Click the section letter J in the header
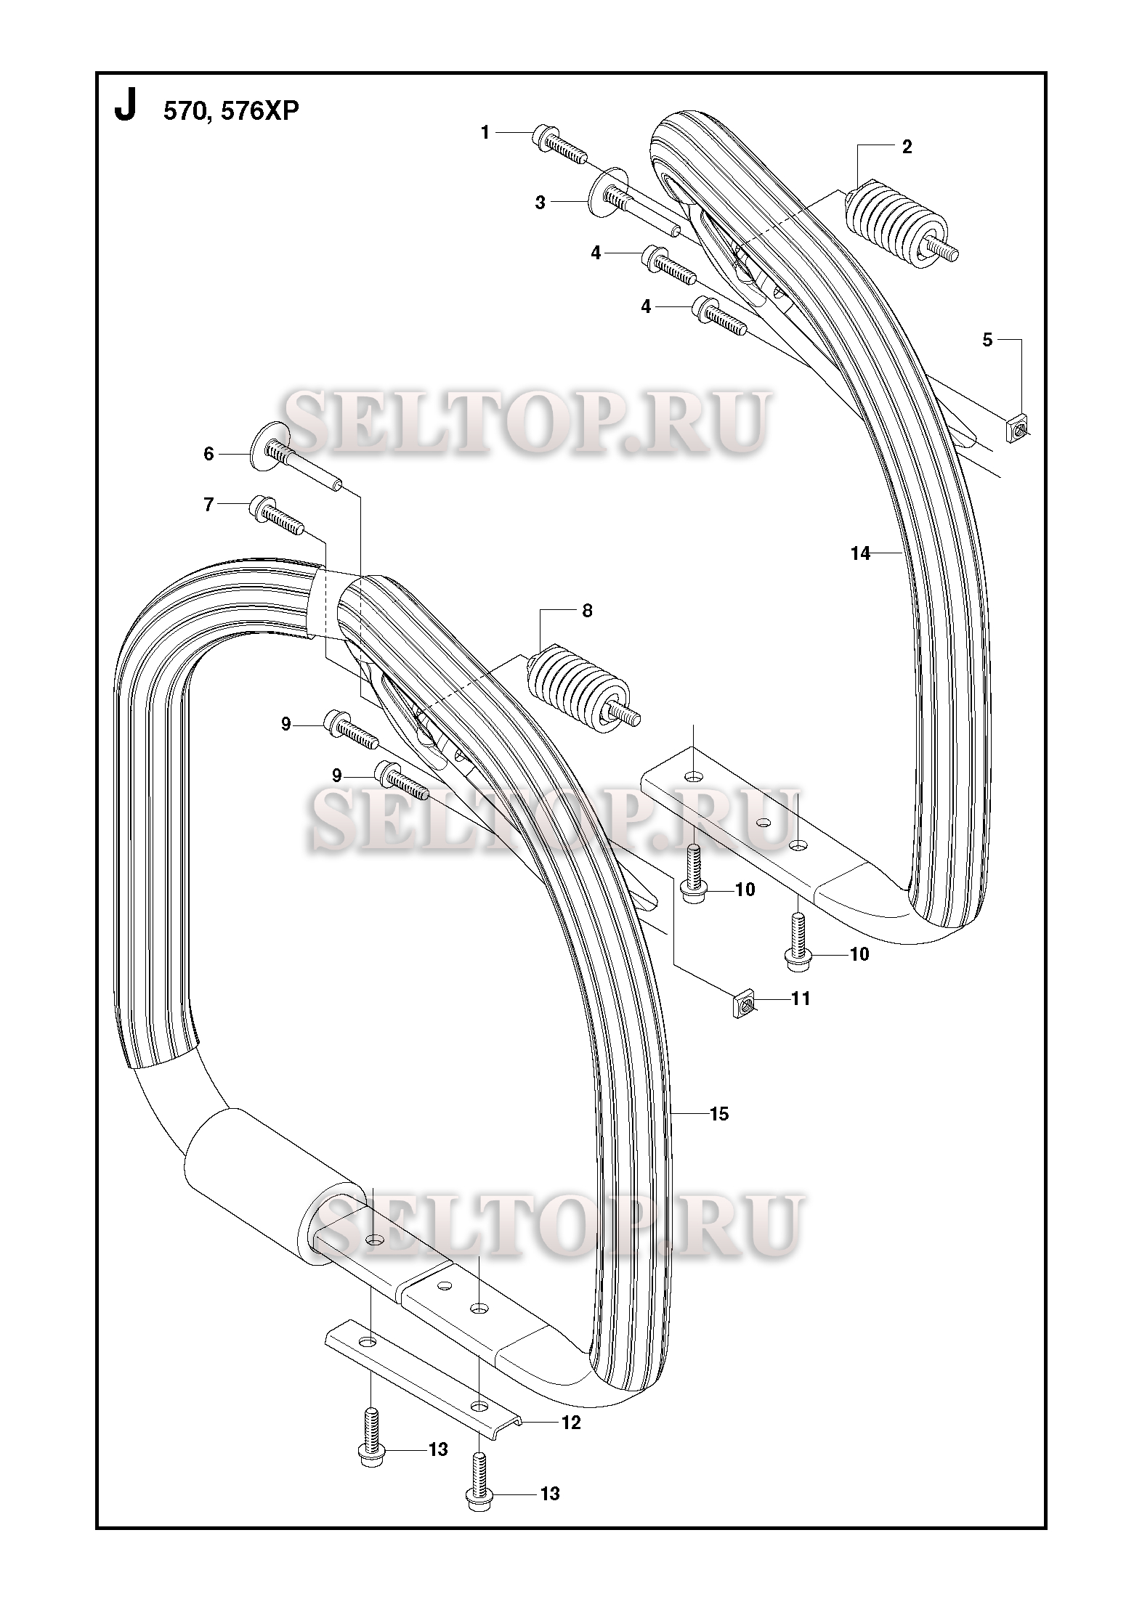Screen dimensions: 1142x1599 (125, 108)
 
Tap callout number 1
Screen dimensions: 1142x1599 (485, 132)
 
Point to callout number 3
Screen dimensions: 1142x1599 (540, 203)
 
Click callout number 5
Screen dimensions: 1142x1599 (987, 340)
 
